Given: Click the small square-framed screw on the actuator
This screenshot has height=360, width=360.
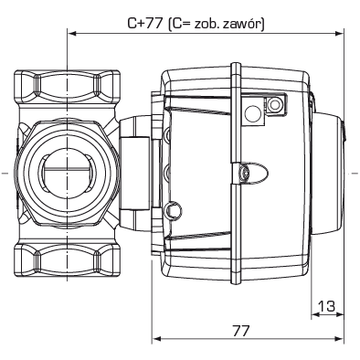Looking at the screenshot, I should tap(271, 110).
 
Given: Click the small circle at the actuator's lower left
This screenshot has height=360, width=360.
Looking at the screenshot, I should tap(173, 212).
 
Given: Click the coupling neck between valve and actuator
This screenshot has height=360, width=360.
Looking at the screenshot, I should tap(133, 172).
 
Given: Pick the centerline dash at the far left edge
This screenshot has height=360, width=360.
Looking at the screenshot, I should tap(5, 172).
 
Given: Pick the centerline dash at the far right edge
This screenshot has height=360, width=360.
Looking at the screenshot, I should tap(355, 172).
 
